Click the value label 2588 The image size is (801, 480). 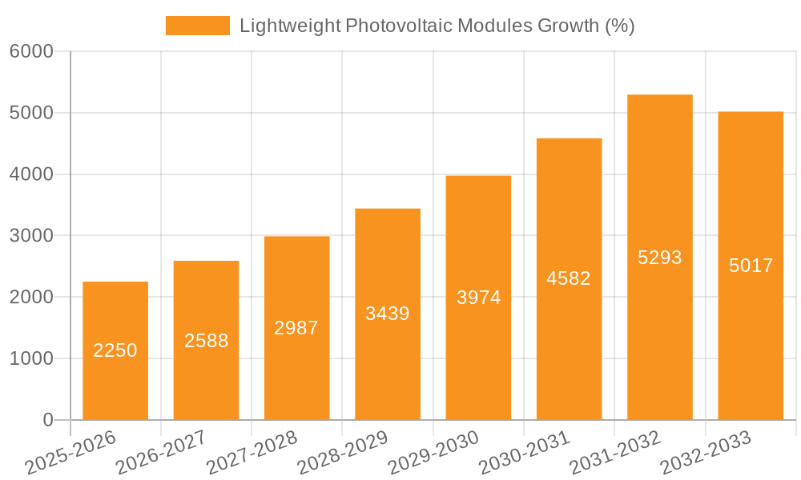(206, 341)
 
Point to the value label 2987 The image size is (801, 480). (296, 327)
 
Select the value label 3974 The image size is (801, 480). (478, 298)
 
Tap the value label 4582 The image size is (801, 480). (569, 278)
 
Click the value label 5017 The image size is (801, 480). (751, 266)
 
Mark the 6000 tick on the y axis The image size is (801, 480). (31, 52)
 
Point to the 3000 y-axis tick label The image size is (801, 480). (31, 236)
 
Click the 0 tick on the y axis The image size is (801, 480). (47, 420)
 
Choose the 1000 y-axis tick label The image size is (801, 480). (31, 359)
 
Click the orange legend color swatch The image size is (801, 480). (197, 26)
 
